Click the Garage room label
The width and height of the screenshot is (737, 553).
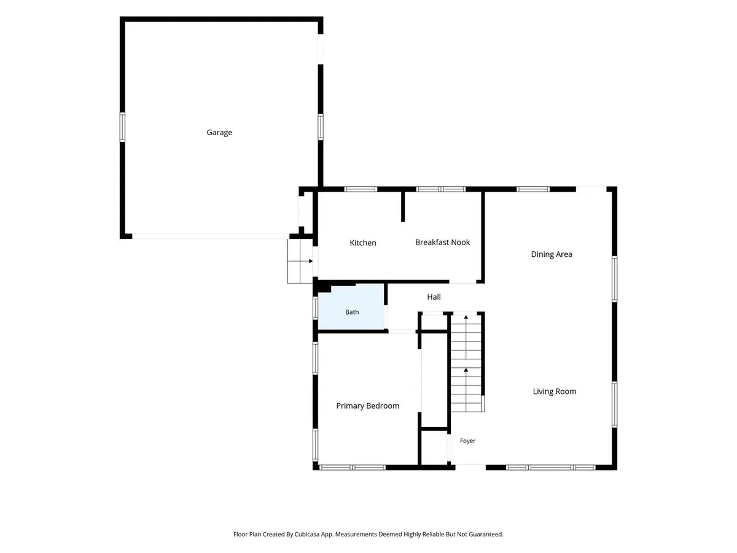219,132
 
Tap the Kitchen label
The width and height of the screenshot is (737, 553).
362,243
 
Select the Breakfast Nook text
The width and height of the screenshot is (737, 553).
442,242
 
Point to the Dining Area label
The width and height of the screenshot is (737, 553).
552,254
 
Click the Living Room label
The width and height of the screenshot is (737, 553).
555,391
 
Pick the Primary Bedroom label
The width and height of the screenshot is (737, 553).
368,406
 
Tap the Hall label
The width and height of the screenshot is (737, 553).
434,297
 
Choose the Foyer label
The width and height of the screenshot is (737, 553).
467,441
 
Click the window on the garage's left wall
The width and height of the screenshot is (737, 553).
123,127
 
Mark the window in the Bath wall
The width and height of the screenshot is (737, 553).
315,308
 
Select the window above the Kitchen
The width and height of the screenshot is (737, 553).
361,189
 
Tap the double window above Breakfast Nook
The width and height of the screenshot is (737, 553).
440,189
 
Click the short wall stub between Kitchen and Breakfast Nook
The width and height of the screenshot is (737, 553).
403,206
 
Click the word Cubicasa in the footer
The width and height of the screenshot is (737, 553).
306,534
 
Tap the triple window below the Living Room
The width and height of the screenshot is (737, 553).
551,468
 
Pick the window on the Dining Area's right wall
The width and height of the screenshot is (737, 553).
614,279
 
